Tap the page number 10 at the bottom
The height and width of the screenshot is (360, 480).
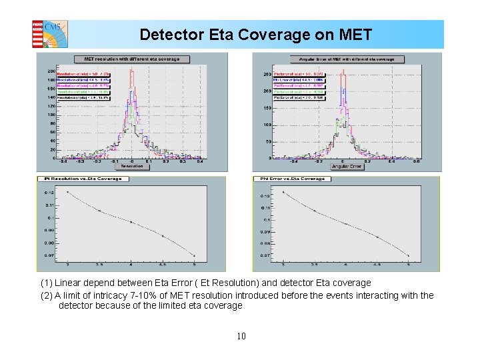(x=241, y=336)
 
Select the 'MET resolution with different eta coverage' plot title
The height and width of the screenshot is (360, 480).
(x=131, y=59)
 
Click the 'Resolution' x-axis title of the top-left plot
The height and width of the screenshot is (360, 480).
(x=132, y=166)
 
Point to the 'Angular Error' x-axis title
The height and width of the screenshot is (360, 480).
(x=347, y=166)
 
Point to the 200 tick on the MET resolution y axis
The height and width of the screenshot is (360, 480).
(x=51, y=71)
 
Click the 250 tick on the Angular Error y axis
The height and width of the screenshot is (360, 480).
(x=266, y=74)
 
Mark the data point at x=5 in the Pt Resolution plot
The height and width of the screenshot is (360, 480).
(x=194, y=255)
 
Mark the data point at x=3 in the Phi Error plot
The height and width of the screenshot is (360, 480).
(x=283, y=192)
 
